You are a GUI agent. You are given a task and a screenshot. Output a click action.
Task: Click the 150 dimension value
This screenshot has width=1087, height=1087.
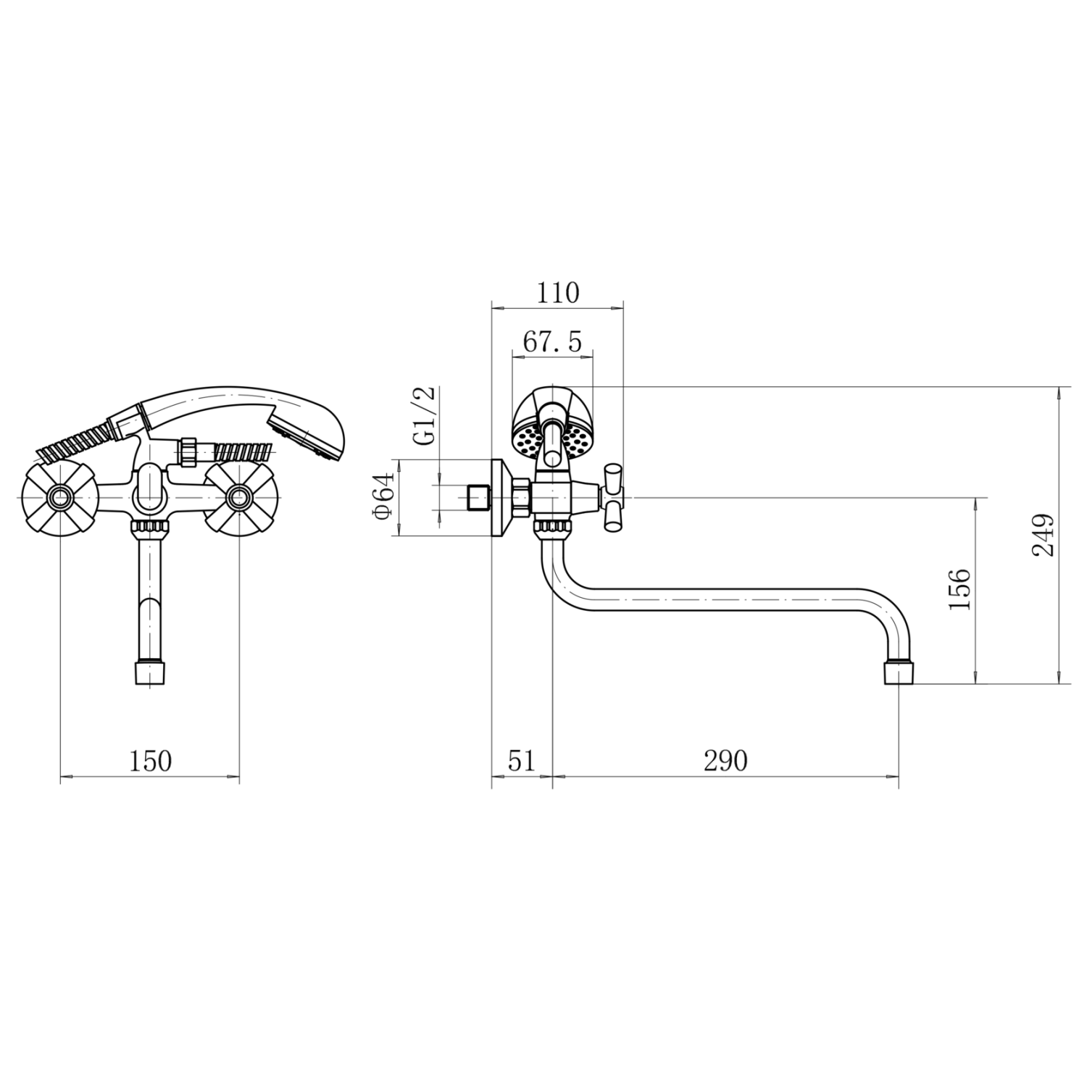click(151, 762)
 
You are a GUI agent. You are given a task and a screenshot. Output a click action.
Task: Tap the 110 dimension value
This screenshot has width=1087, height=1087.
click(558, 293)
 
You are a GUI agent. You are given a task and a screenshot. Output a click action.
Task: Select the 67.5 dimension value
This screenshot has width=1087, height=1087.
click(552, 342)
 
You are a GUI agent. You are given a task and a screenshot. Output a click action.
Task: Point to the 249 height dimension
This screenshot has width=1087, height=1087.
click(1043, 535)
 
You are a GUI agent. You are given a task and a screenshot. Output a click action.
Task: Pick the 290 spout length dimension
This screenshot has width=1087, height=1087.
click(725, 762)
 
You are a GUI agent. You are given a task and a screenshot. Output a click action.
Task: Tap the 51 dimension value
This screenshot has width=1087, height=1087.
click(520, 762)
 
